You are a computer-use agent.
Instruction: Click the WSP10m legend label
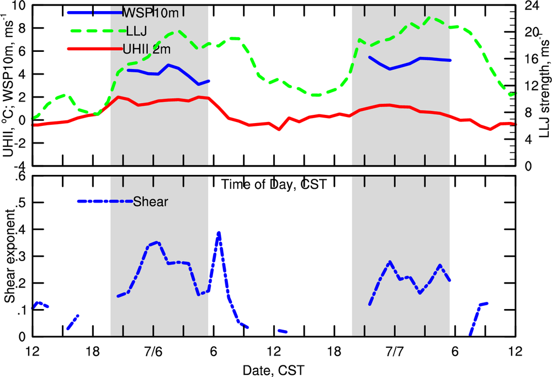pos(146,12)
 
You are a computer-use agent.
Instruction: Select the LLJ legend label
pos(136,30)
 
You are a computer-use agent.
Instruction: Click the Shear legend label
pos(150,201)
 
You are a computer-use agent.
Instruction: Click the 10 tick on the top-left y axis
pos(19,6)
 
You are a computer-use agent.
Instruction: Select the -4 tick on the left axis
pos(19,166)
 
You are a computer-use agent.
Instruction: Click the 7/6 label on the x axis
pos(153,352)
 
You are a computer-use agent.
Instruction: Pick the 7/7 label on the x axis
pos(395,352)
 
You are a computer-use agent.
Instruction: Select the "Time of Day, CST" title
pos(274,184)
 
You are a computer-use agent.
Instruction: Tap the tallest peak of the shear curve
pos(219,233)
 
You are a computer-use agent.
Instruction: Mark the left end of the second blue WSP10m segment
pos(369,57)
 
